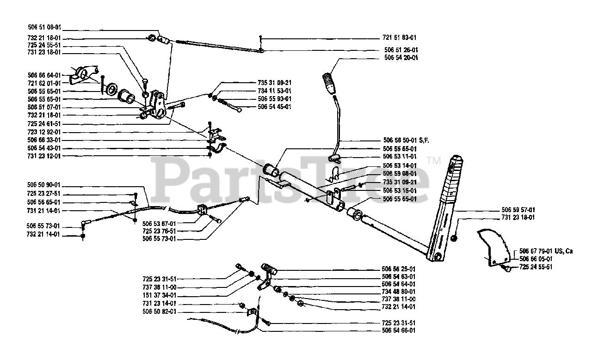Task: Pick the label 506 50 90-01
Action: pos(44,185)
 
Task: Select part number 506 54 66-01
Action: pos(399,330)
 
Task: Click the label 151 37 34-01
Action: pos(160,295)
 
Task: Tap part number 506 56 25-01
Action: pos(399,269)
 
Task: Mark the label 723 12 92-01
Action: pos(44,132)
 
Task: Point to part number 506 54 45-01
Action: pos(274,107)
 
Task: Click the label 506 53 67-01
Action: pos(160,223)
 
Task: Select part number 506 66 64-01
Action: pos(44,74)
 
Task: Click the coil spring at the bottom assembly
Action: pos(268,268)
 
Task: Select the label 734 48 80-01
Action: pos(399,292)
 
